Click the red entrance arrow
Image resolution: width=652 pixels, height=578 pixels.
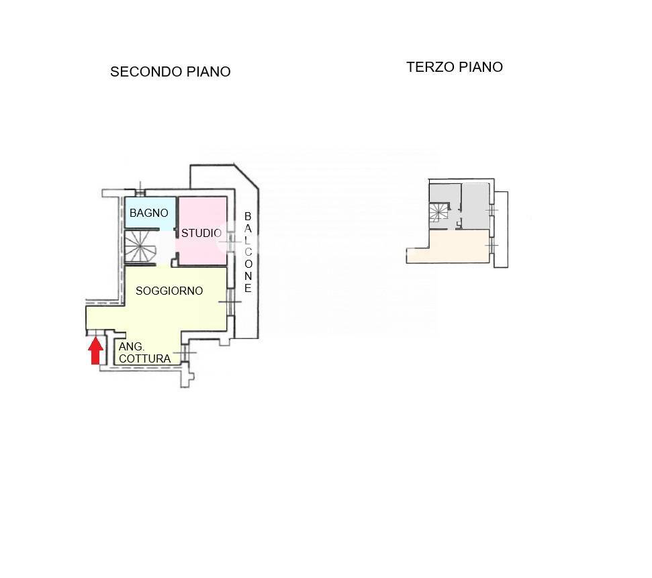95,350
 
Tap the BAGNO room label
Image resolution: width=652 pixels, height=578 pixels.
149,213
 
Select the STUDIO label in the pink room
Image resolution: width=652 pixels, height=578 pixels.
201,233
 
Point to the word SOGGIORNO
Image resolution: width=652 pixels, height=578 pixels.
169,291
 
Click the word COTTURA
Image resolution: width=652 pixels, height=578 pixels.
145,358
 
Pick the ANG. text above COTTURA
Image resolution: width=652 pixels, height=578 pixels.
132,346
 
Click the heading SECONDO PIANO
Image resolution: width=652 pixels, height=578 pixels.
171,72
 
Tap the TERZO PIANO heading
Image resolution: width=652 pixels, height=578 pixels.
455,67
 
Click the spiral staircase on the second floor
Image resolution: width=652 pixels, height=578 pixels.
140,246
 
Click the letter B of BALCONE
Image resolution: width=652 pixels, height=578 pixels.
248,216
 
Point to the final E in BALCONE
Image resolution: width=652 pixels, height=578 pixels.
248,288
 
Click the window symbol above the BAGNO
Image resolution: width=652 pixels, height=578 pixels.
140,191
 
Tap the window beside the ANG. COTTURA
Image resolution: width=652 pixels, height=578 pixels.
183,353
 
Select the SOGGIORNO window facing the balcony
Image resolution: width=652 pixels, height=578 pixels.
230,301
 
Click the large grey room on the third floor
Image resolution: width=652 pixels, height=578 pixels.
475,206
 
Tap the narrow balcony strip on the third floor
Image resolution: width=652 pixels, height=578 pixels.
501,229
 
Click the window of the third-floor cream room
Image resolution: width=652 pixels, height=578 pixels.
492,245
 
